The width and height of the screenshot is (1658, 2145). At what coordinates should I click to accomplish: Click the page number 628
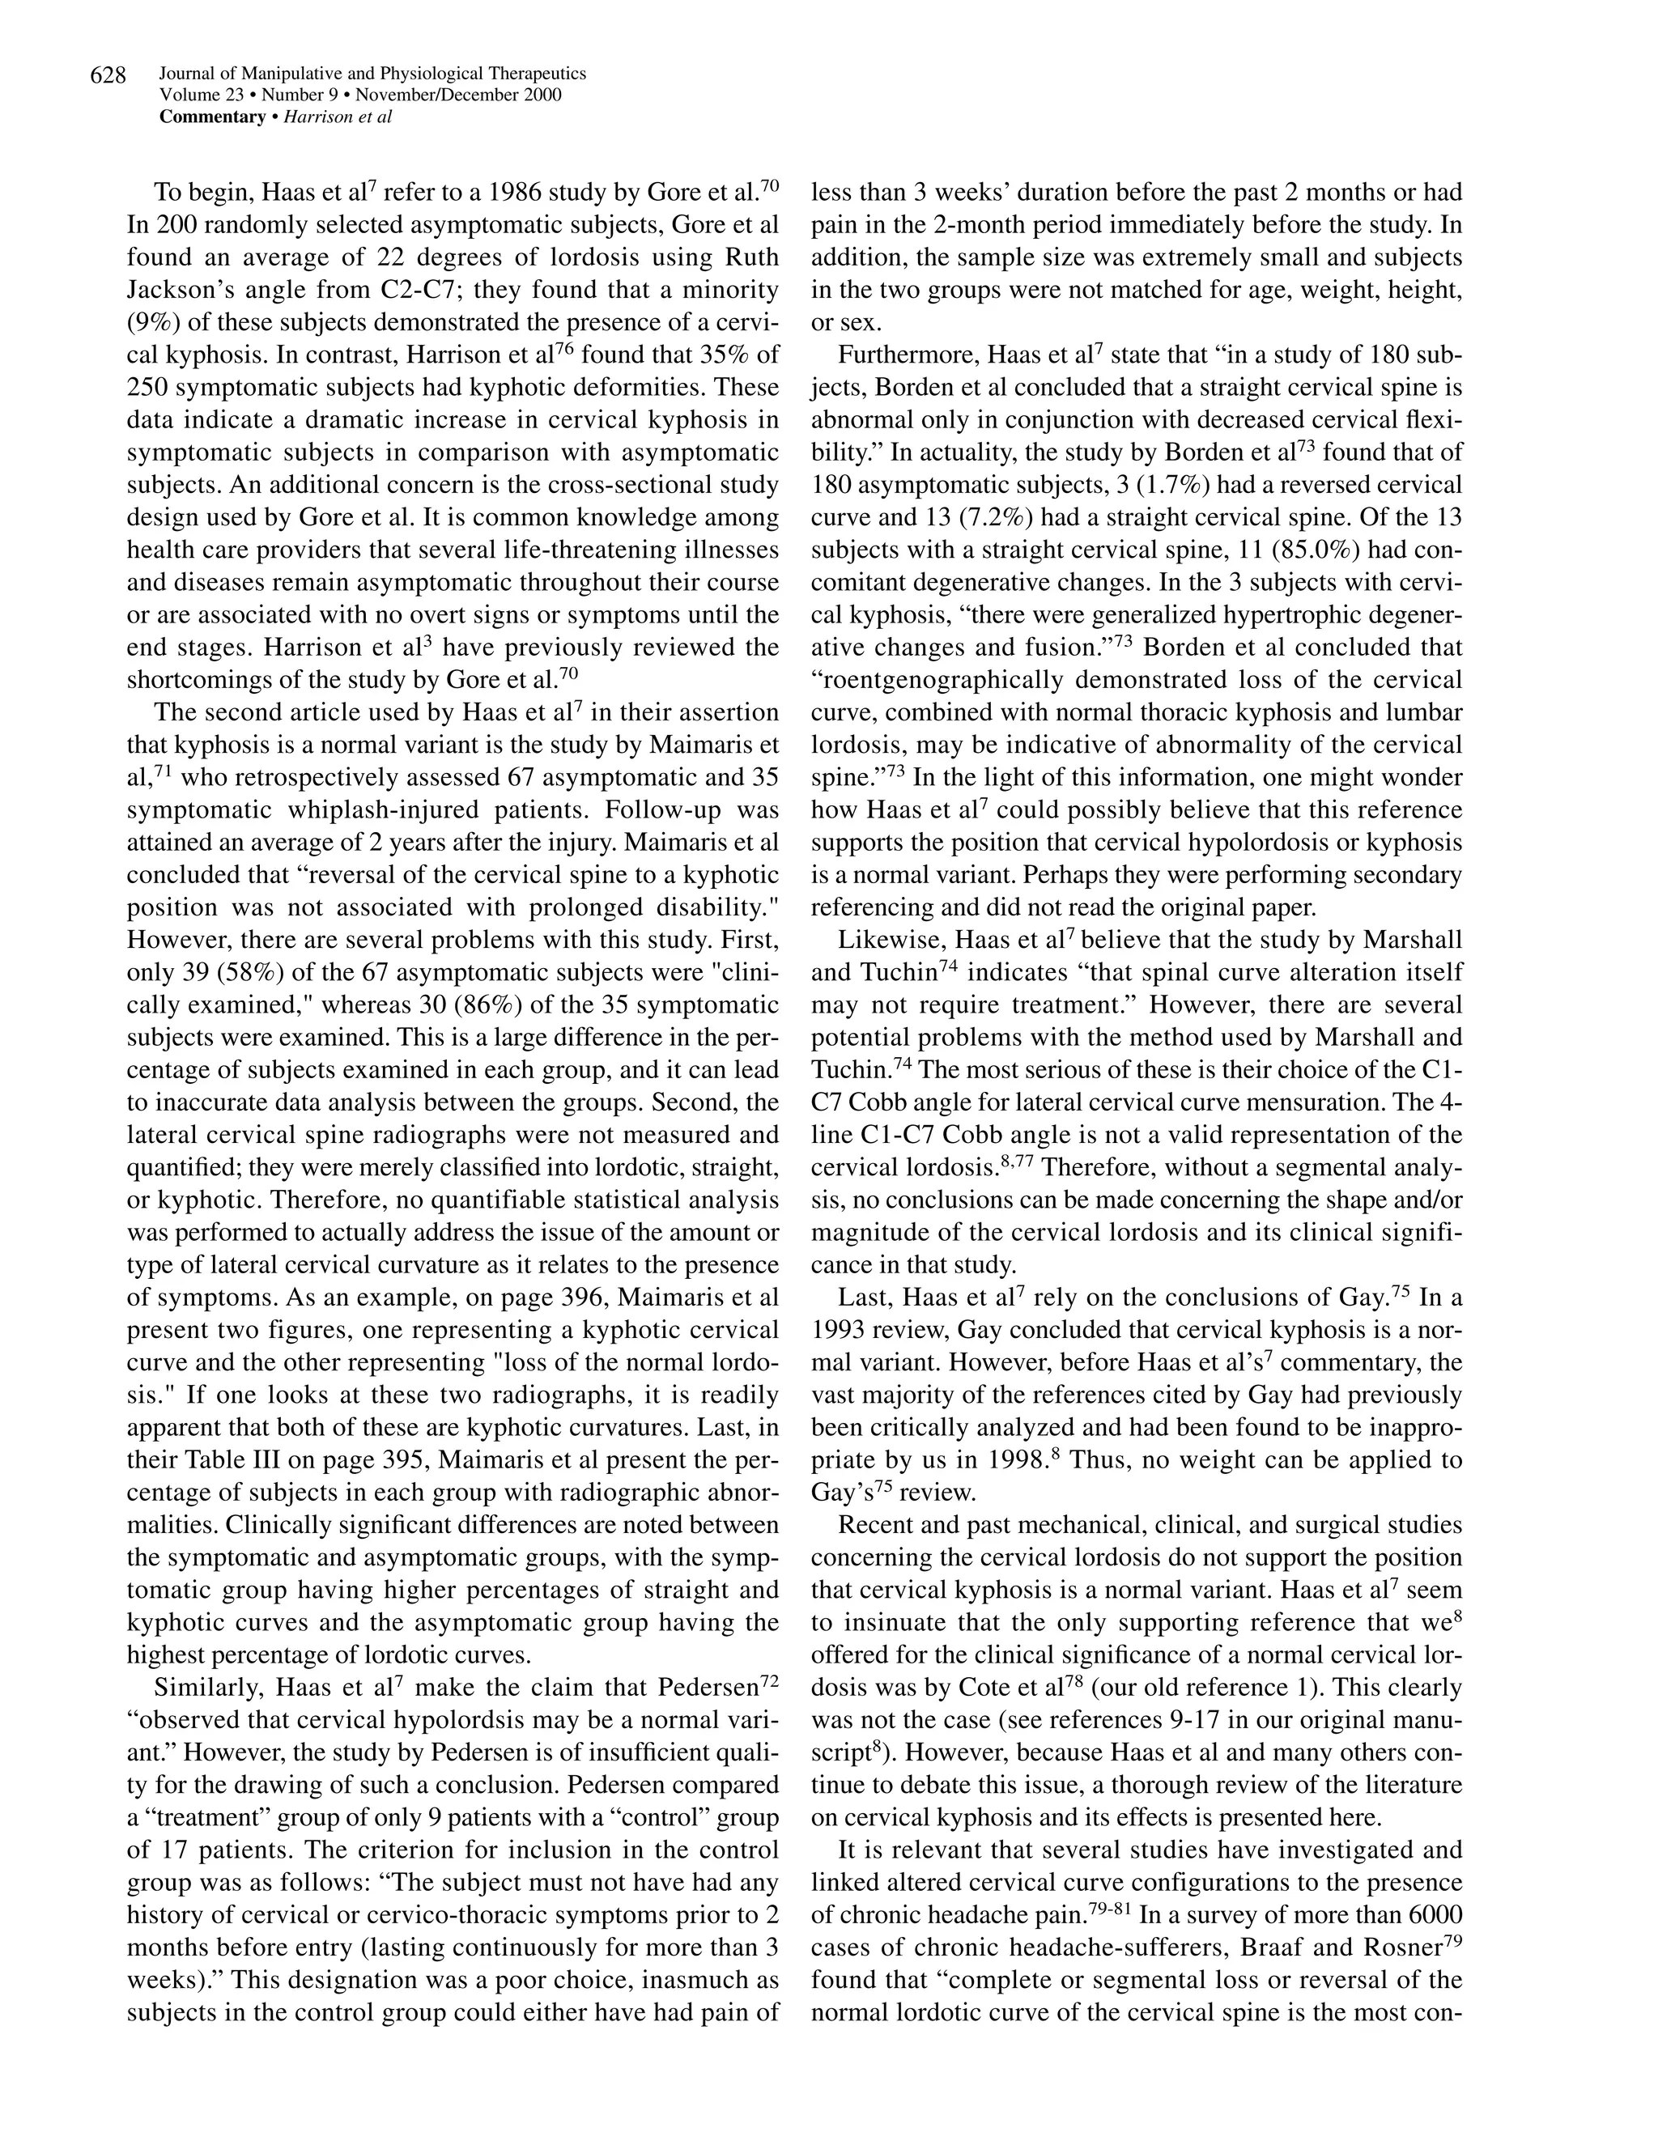tap(108, 75)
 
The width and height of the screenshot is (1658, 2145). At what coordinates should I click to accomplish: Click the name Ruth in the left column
tap(752, 257)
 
